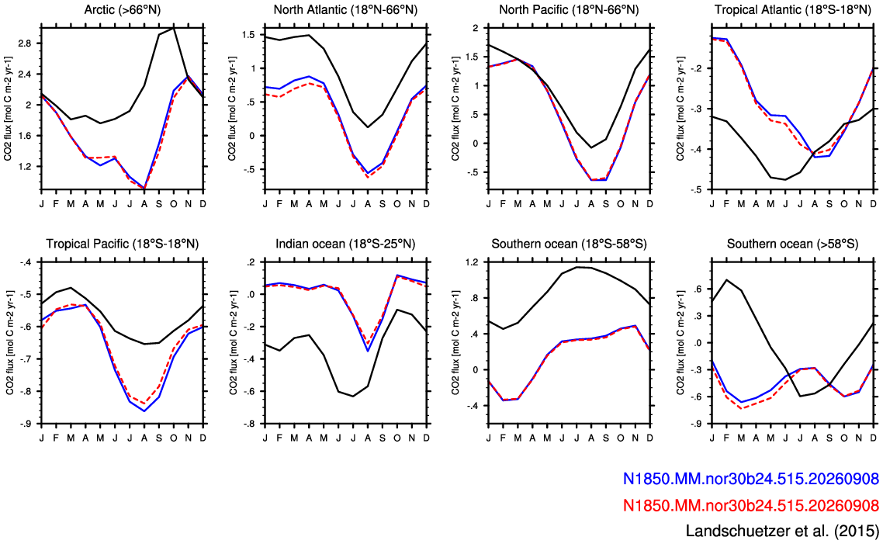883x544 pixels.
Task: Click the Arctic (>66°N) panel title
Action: [x=121, y=10]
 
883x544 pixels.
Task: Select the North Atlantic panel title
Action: [x=345, y=10]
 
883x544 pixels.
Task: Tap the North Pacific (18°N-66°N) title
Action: [x=569, y=10]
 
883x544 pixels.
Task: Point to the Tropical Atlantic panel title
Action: [x=792, y=10]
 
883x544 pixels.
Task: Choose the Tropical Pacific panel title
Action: [x=122, y=244]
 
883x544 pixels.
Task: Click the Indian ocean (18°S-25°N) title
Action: [x=345, y=244]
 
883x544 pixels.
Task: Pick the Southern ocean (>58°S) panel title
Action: [x=792, y=244]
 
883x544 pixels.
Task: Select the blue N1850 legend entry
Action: [x=750, y=479]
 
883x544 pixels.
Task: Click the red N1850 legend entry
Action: [x=750, y=505]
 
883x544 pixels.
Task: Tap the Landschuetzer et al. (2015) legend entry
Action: [x=782, y=531]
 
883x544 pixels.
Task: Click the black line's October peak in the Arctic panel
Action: [x=174, y=27]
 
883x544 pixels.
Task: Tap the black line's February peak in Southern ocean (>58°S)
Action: [x=727, y=279]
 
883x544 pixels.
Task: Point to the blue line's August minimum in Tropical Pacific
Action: [x=144, y=411]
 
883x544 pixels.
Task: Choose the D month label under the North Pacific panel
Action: [x=650, y=203]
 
